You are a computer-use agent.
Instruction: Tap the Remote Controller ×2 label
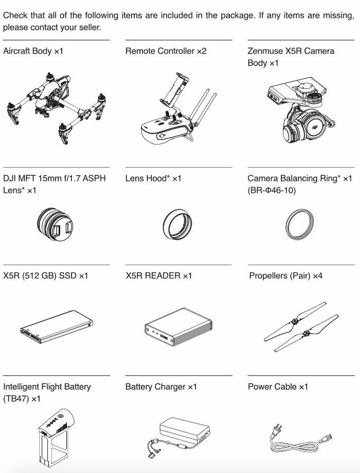coord(166,51)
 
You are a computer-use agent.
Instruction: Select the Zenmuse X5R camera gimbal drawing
coord(300,110)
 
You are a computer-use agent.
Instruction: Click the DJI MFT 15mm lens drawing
coord(55,224)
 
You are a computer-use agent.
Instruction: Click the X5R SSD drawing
coord(57,327)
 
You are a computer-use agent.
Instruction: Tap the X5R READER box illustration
coord(178,327)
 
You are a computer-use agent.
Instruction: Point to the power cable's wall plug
coord(276,431)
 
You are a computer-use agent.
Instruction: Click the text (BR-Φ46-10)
coord(272,190)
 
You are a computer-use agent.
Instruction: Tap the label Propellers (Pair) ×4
coord(285,276)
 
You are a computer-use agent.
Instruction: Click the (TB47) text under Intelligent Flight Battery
coord(16,399)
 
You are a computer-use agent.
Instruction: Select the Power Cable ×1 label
coord(278,387)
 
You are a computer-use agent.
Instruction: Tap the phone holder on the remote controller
coord(175,90)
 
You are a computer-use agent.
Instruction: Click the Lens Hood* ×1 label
coord(153,178)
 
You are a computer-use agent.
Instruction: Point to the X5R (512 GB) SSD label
coord(46,276)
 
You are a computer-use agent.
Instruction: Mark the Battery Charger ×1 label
coord(161,387)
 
